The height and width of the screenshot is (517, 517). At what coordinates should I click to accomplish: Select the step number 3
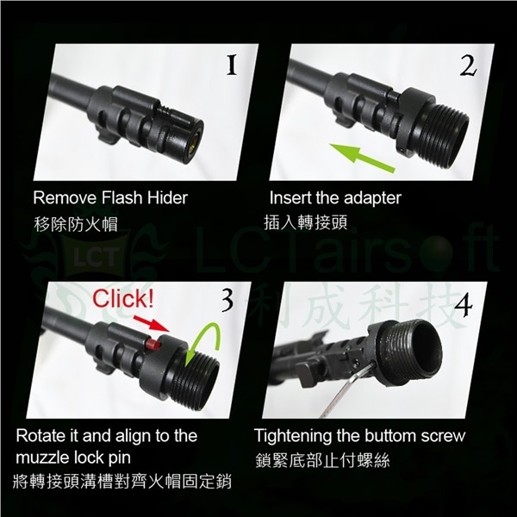pyautogui.click(x=227, y=300)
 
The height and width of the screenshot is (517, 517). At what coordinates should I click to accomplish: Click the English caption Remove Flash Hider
pyautogui.click(x=110, y=197)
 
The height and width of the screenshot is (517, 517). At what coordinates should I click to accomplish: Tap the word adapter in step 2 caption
pyautogui.click(x=370, y=197)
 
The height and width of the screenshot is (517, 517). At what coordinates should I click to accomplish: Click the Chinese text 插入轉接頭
pyautogui.click(x=305, y=223)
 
